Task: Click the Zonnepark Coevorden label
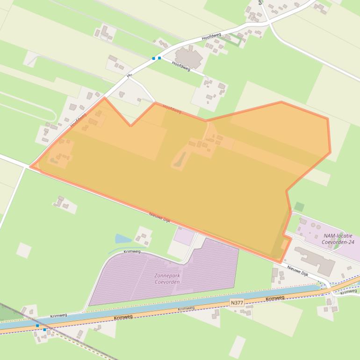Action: (x=167, y=279)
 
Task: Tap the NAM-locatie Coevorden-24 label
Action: (x=338, y=239)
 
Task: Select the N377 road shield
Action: (x=237, y=303)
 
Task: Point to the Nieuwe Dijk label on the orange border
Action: (x=159, y=217)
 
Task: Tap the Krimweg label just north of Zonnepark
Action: (x=132, y=251)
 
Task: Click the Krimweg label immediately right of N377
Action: (x=275, y=298)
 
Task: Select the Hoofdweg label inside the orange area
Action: (x=172, y=109)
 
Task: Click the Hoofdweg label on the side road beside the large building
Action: (x=181, y=66)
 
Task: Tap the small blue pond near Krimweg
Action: (x=122, y=239)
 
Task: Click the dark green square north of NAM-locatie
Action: (x=299, y=207)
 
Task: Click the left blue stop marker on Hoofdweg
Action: (x=153, y=58)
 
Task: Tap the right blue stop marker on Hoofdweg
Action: (x=159, y=58)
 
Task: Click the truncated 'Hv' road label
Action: (x=129, y=75)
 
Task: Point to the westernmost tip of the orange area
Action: (x=31, y=166)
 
